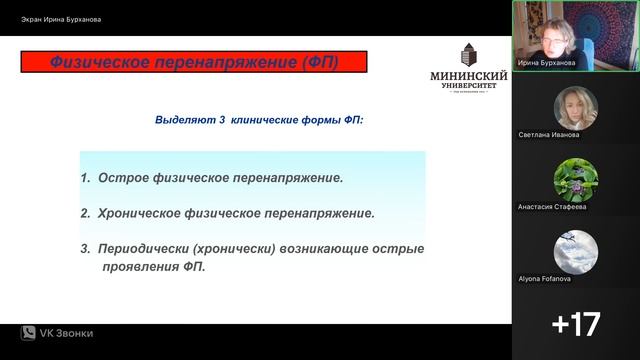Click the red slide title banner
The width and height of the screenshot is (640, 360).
[194, 62]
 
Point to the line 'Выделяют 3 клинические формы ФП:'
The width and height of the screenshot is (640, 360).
[259, 119]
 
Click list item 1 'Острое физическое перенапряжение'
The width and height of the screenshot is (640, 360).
[212, 178]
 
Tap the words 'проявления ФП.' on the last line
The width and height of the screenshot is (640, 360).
[152, 267]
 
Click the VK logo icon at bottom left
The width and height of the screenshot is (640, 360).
[28, 333]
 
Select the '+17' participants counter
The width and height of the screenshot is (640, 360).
[576, 324]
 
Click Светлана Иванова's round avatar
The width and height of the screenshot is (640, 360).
[576, 107]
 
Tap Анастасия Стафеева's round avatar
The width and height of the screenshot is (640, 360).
[576, 179]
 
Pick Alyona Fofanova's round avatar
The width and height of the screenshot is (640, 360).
[576, 251]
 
